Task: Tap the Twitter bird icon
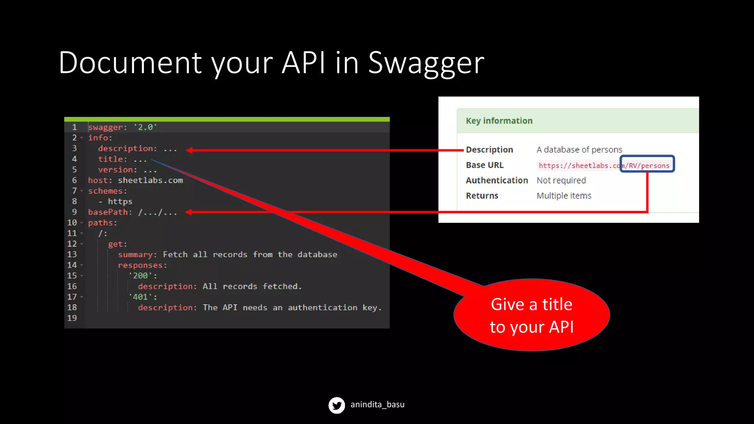point(337,405)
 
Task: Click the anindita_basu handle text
point(377,404)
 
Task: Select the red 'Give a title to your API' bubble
point(531,315)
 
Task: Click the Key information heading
point(499,121)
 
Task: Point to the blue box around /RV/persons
point(647,164)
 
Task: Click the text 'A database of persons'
point(579,149)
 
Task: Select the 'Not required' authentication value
point(561,180)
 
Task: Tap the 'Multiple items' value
point(564,196)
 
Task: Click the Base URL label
point(485,165)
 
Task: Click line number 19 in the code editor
point(72,318)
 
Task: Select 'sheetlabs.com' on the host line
point(150,180)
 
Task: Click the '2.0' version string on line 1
point(145,127)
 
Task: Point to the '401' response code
point(140,297)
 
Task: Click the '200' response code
point(140,276)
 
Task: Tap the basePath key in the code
point(108,212)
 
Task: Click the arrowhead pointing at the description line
point(190,150)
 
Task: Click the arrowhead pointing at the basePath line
point(189,212)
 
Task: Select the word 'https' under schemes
point(120,202)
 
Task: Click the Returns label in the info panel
point(482,196)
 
